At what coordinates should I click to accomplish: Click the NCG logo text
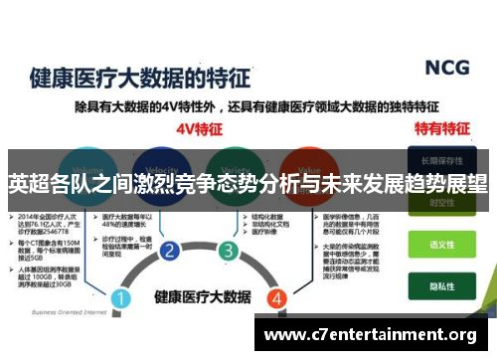pyautogui.click(x=447, y=67)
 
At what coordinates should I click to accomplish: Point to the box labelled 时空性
pyautogui.click(x=440, y=205)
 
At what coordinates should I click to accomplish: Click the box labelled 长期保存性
pyautogui.click(x=440, y=159)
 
